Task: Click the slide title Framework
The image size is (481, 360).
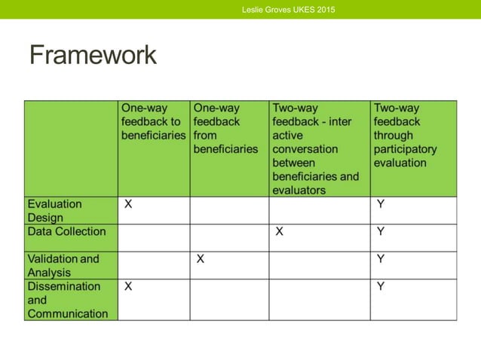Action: point(93,55)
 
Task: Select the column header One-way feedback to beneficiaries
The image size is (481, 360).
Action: point(153,122)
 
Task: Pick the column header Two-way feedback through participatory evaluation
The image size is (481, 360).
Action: point(405,136)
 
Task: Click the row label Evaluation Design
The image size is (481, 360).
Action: point(55,211)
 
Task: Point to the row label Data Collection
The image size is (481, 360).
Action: point(66,232)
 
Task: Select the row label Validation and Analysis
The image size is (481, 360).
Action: point(63,265)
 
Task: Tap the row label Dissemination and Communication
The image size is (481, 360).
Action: point(67,300)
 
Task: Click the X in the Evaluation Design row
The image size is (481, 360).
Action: point(128,204)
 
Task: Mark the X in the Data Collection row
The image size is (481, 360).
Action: point(279,232)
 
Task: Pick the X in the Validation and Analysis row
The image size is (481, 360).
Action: point(201,259)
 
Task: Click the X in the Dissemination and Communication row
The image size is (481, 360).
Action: point(128,287)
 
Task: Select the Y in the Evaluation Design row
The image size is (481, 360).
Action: point(381,204)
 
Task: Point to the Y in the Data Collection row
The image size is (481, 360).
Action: point(381,232)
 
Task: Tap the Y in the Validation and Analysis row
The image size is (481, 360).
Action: point(381,259)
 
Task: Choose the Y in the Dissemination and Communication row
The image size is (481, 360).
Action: point(381,287)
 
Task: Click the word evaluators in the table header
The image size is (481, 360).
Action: point(299,190)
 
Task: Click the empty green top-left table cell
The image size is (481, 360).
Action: point(71,148)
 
